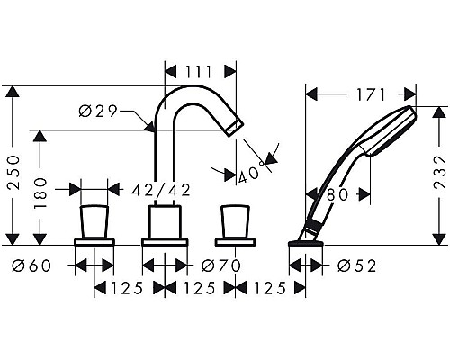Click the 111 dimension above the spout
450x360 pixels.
(x=200, y=70)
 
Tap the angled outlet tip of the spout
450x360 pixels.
(x=235, y=126)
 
